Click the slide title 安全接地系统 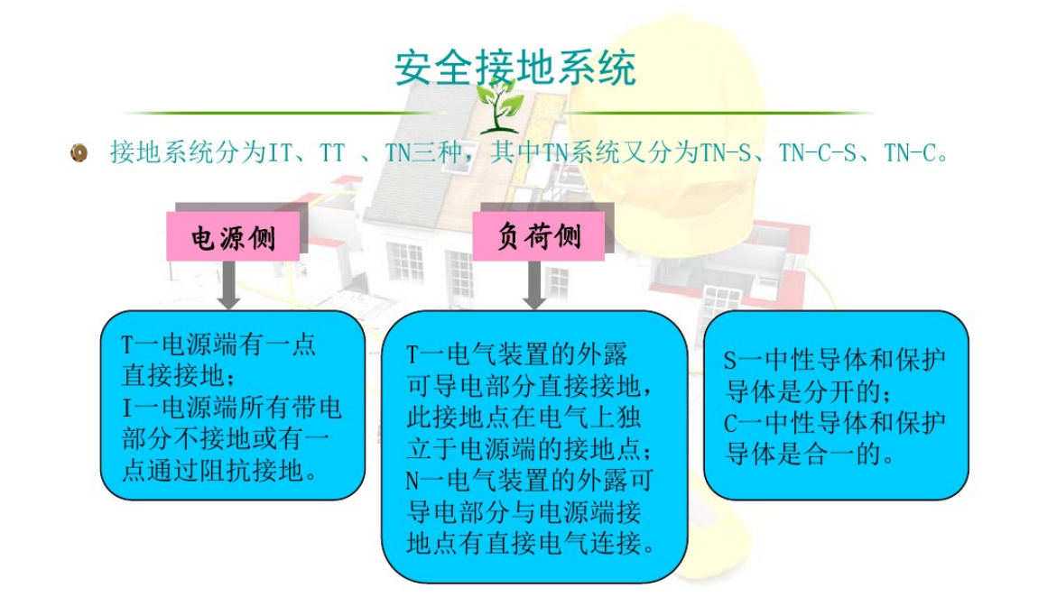(x=515, y=68)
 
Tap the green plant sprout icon (x=500, y=106)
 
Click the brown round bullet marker (x=79, y=152)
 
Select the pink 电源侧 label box (x=233, y=236)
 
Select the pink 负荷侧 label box (x=538, y=235)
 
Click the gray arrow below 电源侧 (x=228, y=285)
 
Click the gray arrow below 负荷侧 (x=534, y=285)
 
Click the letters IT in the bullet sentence (x=280, y=152)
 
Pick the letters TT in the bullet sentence (x=332, y=152)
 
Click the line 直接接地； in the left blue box (x=179, y=376)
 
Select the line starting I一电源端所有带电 (x=232, y=408)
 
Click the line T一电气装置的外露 (x=516, y=354)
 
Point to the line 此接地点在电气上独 (x=524, y=418)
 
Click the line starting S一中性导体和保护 (x=834, y=360)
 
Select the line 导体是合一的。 (x=811, y=454)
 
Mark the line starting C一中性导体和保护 (x=834, y=423)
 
